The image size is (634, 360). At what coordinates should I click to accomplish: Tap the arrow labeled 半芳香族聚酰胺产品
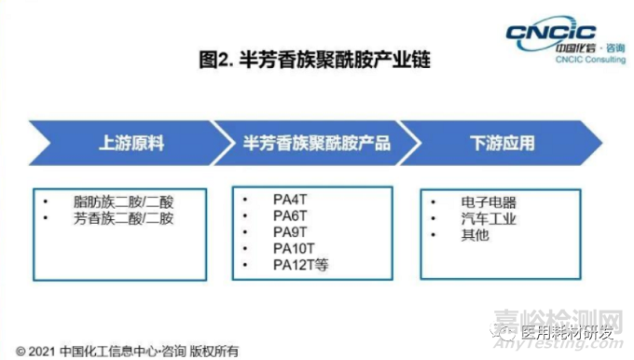pos(316,145)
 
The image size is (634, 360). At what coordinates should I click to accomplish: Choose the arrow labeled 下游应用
pos(501,145)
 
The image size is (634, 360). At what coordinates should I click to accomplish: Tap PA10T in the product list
pos(293,249)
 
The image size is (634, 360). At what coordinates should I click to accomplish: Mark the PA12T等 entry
pos(300,266)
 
